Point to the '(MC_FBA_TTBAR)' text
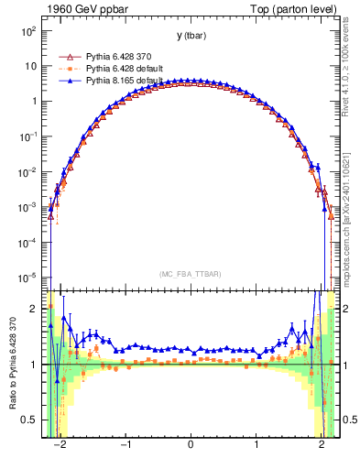(190, 274)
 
